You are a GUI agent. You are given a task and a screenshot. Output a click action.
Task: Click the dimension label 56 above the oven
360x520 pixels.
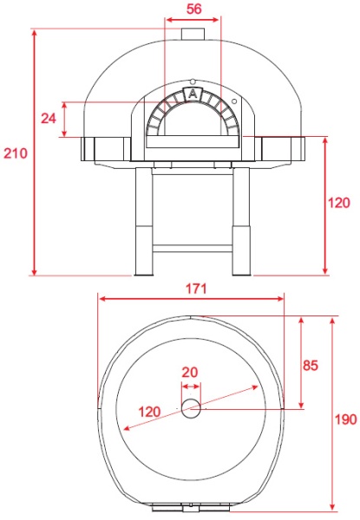point(193,9)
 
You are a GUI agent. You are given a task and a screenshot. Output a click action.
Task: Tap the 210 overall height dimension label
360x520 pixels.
point(16,153)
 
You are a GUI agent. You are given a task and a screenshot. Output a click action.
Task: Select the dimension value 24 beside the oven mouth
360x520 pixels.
point(49,119)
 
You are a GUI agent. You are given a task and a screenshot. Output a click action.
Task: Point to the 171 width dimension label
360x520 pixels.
point(196,289)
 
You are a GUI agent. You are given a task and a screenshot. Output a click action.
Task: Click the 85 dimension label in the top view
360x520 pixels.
point(311,365)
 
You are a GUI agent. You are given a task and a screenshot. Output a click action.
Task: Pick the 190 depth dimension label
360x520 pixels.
point(345,419)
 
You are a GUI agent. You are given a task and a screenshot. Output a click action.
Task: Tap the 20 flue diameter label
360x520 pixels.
point(190,373)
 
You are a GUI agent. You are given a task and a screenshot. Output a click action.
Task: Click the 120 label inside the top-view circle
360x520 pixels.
point(149,412)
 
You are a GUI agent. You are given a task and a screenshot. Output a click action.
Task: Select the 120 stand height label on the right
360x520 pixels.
point(339,203)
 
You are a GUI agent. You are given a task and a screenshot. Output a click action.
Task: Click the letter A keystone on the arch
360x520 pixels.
point(193,94)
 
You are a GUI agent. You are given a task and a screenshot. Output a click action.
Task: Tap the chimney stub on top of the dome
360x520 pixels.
point(193,34)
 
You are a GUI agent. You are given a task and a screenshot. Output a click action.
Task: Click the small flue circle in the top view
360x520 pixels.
point(191,408)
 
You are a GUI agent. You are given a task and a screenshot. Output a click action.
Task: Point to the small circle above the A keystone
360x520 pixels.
point(193,81)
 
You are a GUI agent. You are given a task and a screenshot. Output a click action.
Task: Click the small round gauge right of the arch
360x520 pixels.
point(234,101)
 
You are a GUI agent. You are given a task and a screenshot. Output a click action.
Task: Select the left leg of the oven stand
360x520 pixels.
point(143,222)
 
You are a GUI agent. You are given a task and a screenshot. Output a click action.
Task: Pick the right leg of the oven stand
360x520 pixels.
point(241,222)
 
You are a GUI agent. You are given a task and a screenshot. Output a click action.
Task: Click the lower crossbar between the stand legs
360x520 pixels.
point(193,249)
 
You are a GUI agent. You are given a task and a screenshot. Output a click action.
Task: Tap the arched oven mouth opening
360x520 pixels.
point(193,120)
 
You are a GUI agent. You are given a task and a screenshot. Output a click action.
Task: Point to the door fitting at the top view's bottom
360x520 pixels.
point(191,507)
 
